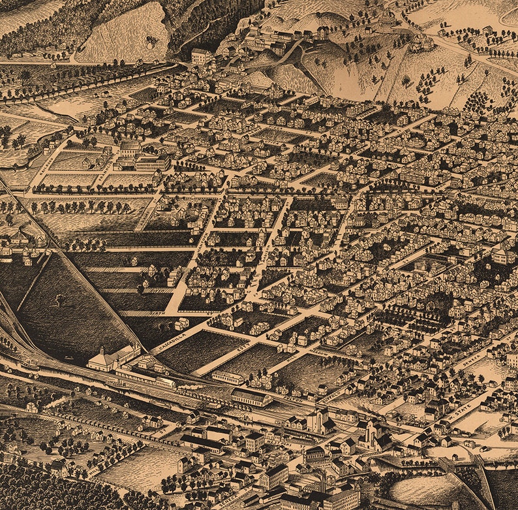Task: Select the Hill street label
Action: (288, 359)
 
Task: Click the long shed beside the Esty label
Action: (228, 377)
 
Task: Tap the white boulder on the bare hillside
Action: (151, 40)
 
